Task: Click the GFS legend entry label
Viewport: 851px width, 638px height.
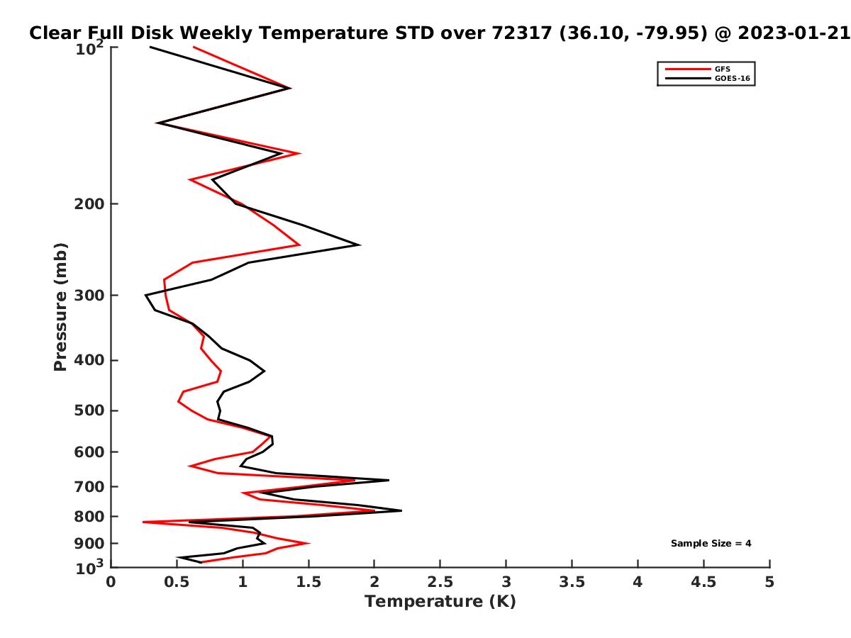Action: click(x=722, y=69)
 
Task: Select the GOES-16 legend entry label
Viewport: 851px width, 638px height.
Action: click(x=733, y=79)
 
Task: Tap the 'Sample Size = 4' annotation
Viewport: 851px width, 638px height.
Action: click(x=711, y=544)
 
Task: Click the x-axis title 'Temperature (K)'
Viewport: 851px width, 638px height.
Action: click(x=440, y=601)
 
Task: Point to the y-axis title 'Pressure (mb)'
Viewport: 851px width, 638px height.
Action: click(x=60, y=307)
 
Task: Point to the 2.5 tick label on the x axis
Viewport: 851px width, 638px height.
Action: click(x=440, y=582)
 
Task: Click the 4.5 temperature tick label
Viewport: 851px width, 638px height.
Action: click(x=703, y=582)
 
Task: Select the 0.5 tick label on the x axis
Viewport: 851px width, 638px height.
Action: click(x=177, y=582)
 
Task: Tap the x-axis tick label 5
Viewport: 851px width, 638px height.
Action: click(x=769, y=582)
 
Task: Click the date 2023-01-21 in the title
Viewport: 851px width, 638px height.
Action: click(x=794, y=33)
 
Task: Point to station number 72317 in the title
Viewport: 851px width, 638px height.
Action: click(x=522, y=33)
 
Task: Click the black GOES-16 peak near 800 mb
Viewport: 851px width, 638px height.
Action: click(x=401, y=510)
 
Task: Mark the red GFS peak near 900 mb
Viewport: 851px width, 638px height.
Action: click(x=309, y=543)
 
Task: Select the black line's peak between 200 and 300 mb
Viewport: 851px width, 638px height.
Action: click(x=360, y=245)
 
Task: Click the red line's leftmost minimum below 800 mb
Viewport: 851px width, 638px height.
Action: click(x=143, y=522)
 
